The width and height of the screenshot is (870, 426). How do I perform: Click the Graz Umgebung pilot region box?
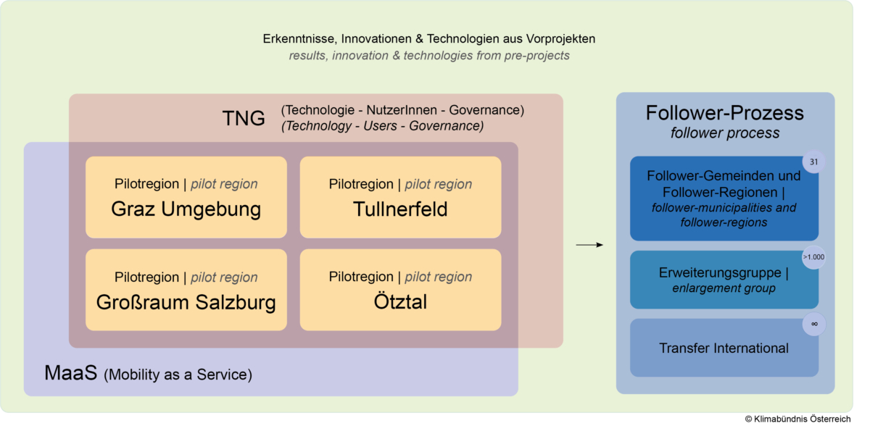click(186, 197)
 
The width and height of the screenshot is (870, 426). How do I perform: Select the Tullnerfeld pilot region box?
click(400, 197)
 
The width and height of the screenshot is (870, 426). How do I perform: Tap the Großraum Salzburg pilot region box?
click(186, 290)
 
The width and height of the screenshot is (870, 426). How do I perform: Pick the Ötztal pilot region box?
click(400, 290)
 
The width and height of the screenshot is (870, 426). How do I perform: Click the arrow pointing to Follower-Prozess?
click(589, 245)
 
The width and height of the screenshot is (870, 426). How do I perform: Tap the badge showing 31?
click(813, 162)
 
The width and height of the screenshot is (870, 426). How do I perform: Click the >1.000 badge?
click(813, 257)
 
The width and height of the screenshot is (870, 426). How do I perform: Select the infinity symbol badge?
click(814, 324)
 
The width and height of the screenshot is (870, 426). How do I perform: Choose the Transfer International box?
click(724, 348)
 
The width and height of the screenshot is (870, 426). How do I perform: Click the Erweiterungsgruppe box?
click(724, 280)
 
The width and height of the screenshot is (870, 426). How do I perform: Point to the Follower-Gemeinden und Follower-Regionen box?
click(724, 199)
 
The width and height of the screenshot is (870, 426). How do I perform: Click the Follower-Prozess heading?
click(725, 113)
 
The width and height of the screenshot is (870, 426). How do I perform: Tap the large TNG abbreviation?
click(244, 118)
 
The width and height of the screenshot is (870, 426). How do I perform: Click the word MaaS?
click(71, 373)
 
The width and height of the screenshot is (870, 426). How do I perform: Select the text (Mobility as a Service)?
click(178, 375)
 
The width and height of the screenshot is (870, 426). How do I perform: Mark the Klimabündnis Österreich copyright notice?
click(797, 419)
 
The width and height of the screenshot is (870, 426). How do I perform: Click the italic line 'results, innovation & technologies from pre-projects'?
click(429, 56)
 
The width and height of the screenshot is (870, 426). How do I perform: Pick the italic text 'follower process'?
click(725, 133)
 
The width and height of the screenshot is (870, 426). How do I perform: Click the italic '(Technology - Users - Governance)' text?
click(383, 126)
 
